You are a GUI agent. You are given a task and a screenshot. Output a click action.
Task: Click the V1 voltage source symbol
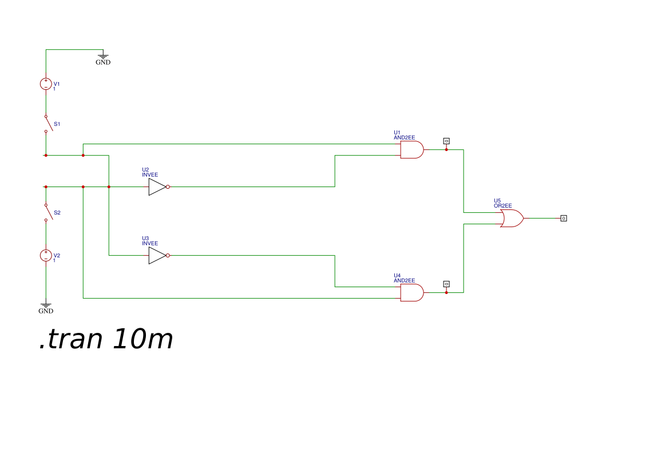point(46,84)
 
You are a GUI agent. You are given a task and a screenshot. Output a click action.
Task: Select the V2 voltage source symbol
point(46,255)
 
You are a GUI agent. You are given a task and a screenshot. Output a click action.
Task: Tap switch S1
point(48,124)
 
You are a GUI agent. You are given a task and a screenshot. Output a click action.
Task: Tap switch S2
point(48,212)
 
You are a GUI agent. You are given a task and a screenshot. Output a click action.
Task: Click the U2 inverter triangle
point(157,186)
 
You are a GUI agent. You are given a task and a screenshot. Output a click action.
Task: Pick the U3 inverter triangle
point(157,255)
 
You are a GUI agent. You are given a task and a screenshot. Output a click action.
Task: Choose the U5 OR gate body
point(511,218)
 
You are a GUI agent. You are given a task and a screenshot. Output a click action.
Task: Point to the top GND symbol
point(103,57)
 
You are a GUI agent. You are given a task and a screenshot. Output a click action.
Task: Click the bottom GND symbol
point(46,307)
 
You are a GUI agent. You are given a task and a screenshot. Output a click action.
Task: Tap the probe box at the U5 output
point(564,218)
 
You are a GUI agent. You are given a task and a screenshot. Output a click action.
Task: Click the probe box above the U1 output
point(446,141)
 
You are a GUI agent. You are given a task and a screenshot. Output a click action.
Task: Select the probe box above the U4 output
point(446,284)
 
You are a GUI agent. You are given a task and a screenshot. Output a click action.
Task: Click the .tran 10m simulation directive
point(106,340)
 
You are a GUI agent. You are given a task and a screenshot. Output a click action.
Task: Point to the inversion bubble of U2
point(168,186)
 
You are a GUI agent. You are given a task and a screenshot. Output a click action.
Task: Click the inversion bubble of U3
point(168,255)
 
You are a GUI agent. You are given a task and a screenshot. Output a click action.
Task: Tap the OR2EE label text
point(503,206)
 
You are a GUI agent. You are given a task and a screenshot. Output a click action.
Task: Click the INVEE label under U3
point(150,244)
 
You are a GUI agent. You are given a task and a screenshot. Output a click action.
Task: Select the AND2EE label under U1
point(404,138)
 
